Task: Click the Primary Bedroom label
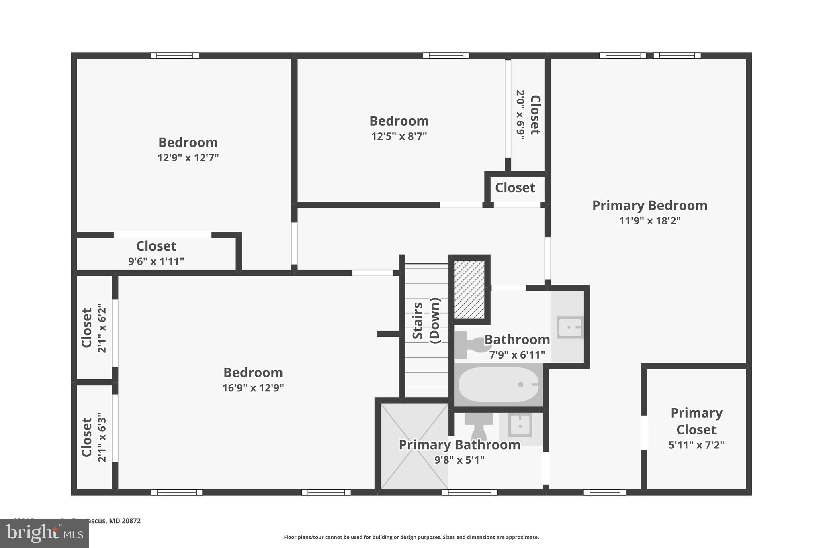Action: pyautogui.click(x=649, y=206)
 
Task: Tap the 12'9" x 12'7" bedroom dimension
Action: pyautogui.click(x=188, y=158)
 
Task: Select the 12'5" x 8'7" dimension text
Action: pyautogui.click(x=399, y=136)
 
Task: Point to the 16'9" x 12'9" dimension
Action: pyautogui.click(x=253, y=388)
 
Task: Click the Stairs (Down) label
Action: pyautogui.click(x=426, y=320)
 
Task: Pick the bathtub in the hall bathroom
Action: pyautogui.click(x=498, y=385)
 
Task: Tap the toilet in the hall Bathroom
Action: pyautogui.click(x=473, y=344)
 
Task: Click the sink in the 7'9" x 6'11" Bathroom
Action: pyautogui.click(x=569, y=327)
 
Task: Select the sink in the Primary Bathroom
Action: pyautogui.click(x=520, y=425)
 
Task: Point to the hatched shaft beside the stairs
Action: pyautogui.click(x=469, y=289)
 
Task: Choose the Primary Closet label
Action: pyautogui.click(x=696, y=421)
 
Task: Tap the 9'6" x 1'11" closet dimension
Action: pyautogui.click(x=156, y=261)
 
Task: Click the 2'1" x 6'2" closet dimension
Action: pyautogui.click(x=102, y=328)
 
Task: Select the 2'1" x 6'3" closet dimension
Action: pyautogui.click(x=102, y=438)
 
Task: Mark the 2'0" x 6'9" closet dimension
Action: pyautogui.click(x=520, y=115)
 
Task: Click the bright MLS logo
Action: pyautogui.click(x=44, y=533)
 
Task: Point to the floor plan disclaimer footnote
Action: pyautogui.click(x=411, y=537)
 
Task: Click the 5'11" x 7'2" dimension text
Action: pyautogui.click(x=696, y=445)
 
